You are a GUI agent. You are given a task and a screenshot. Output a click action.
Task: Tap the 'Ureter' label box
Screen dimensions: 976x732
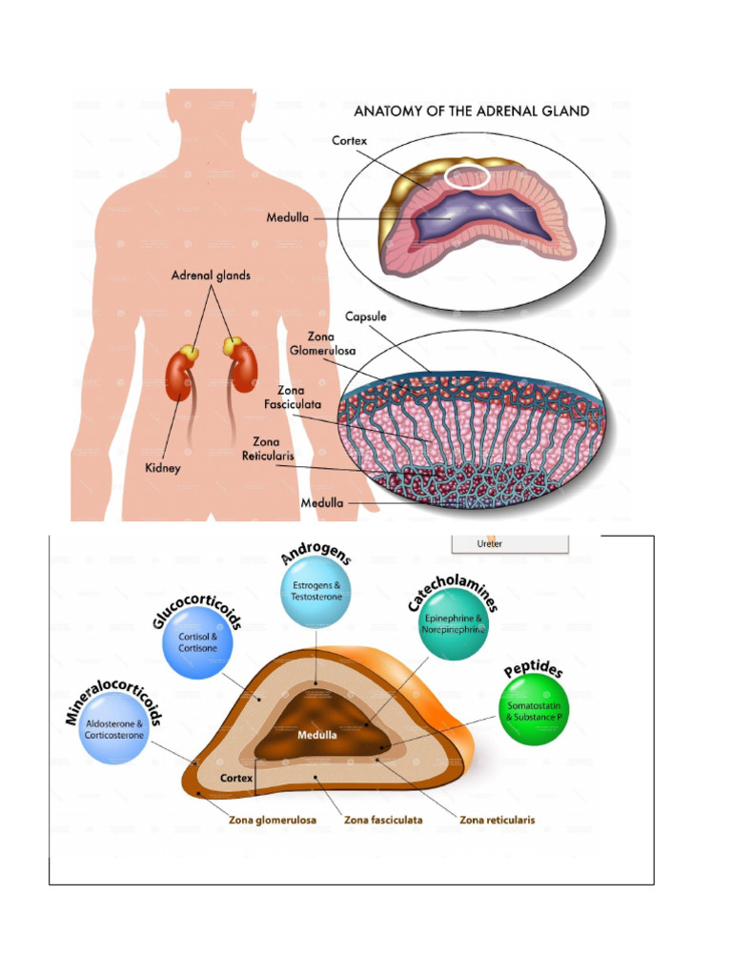(508, 544)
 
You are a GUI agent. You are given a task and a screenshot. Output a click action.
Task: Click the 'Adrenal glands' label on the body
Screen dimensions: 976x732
(211, 275)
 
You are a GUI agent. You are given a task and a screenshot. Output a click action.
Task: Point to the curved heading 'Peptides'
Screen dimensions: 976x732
(534, 666)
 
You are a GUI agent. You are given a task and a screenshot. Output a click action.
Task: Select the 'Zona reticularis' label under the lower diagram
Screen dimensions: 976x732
(497, 819)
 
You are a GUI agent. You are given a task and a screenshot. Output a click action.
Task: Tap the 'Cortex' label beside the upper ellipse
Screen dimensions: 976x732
(349, 140)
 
